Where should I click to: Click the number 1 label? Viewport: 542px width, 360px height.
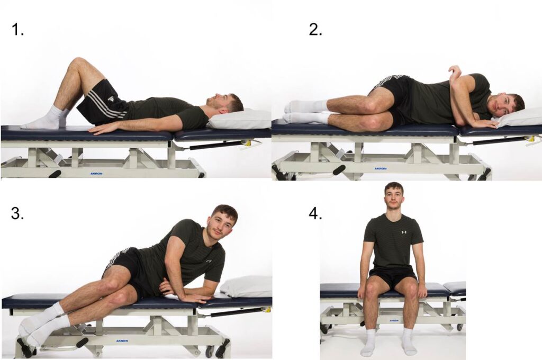(17, 30)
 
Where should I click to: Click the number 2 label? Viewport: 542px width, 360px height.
(315, 30)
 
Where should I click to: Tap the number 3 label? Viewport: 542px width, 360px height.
(17, 213)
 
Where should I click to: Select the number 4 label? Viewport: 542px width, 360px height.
(315, 213)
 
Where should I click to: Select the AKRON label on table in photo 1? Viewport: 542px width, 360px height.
(96, 173)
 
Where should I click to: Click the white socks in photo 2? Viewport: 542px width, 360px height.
(304, 112)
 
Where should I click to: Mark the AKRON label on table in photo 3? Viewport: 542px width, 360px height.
(122, 341)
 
